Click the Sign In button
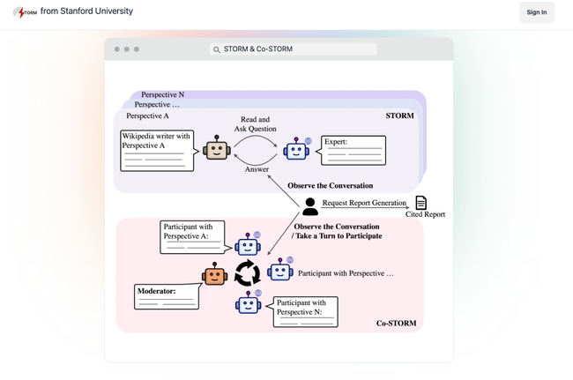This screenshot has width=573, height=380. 536,12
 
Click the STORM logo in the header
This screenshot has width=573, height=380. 25,12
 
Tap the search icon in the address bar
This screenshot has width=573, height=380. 216,49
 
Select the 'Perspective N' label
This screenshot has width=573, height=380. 163,94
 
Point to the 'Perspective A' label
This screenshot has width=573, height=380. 148,115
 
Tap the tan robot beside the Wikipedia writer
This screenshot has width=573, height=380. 216,149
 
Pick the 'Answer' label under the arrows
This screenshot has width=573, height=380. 257,169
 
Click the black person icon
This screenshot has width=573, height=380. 310,206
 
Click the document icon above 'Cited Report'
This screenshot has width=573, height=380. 421,203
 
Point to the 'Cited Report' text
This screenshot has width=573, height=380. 425,214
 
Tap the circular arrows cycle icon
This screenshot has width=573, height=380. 248,274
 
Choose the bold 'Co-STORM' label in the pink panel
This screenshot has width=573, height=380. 396,324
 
